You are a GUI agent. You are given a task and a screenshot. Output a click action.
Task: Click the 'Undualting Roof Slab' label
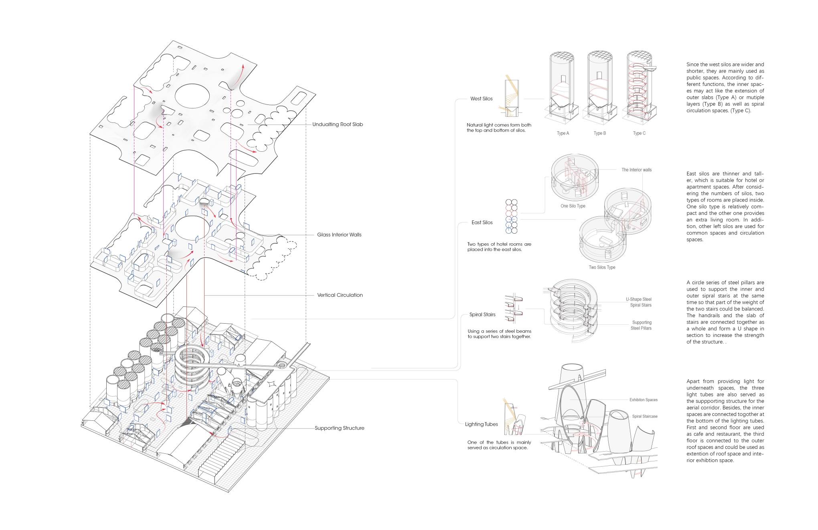click(x=338, y=124)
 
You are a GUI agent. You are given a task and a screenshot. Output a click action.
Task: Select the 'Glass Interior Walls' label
click(x=339, y=235)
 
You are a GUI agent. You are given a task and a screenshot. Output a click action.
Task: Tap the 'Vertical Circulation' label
click(x=340, y=295)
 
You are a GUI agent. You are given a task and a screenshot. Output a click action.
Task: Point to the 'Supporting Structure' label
click(x=340, y=428)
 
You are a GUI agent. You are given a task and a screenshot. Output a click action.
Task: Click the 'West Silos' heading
click(x=481, y=99)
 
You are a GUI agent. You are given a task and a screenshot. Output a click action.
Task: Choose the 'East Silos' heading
click(x=482, y=222)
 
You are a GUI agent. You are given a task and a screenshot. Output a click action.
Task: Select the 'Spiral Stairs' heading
click(x=482, y=315)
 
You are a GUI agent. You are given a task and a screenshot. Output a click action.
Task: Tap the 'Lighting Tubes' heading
click(x=481, y=424)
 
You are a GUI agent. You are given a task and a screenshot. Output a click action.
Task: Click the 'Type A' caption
click(x=563, y=133)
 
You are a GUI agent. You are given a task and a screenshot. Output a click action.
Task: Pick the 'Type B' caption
click(x=600, y=133)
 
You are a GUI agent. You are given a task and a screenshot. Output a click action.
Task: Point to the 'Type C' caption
click(x=639, y=133)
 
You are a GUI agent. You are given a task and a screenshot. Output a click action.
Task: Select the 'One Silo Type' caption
click(x=573, y=206)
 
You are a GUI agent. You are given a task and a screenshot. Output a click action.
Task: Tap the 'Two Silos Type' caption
click(x=602, y=267)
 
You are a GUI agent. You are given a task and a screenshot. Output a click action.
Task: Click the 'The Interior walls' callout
click(x=637, y=170)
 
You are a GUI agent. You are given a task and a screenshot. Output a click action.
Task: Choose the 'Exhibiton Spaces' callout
click(x=644, y=400)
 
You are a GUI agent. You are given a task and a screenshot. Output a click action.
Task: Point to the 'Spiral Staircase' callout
click(x=645, y=416)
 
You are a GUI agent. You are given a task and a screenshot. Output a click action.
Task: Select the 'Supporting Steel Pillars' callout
click(x=641, y=325)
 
